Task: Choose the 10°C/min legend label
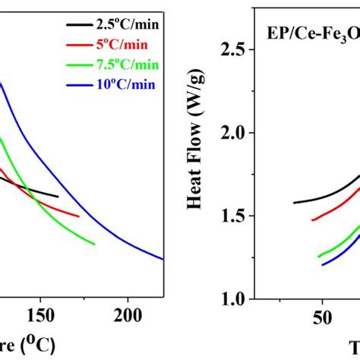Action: (122, 84)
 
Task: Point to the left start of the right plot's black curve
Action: (294, 203)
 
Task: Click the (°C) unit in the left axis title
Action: (38, 345)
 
